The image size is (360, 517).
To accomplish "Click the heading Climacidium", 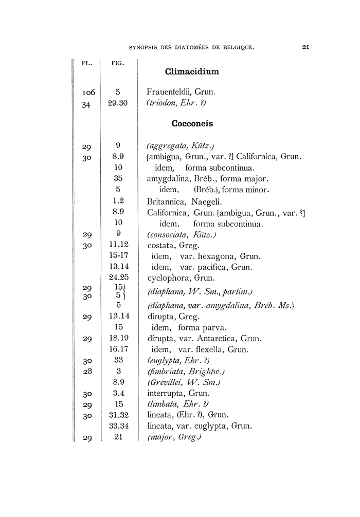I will tap(193, 72).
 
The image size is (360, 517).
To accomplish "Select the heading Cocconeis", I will tap(193, 124).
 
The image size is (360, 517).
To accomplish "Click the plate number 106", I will tap(88, 93).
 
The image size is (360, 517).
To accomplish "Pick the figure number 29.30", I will tap(118, 103).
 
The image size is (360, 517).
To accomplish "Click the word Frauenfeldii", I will tap(169, 93).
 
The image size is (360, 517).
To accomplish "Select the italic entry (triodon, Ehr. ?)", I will tap(176, 103).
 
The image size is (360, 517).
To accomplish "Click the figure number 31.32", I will tap(118, 415).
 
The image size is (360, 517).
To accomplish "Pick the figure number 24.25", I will tap(118, 278).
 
